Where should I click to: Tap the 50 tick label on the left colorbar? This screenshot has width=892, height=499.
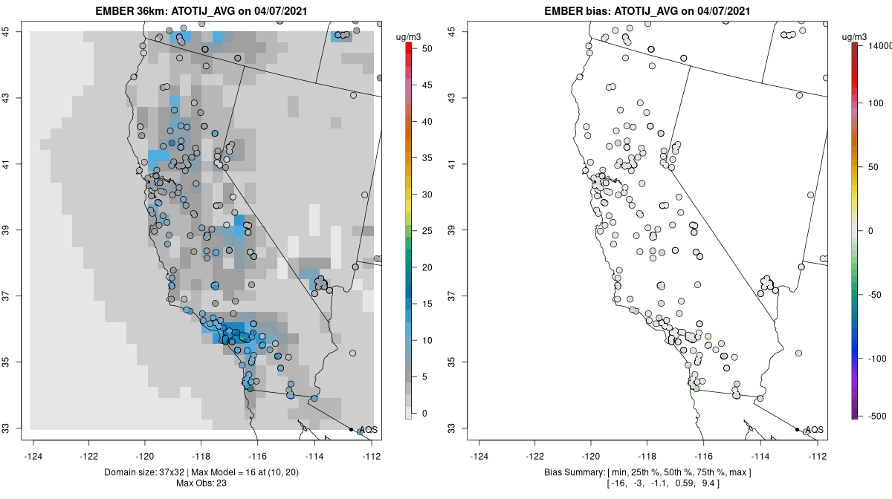click(x=427, y=48)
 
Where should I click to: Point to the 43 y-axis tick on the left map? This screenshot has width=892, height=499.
click(x=14, y=97)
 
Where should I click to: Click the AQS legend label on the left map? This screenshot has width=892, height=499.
click(x=368, y=430)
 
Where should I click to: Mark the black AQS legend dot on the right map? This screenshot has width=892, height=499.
click(x=797, y=429)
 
